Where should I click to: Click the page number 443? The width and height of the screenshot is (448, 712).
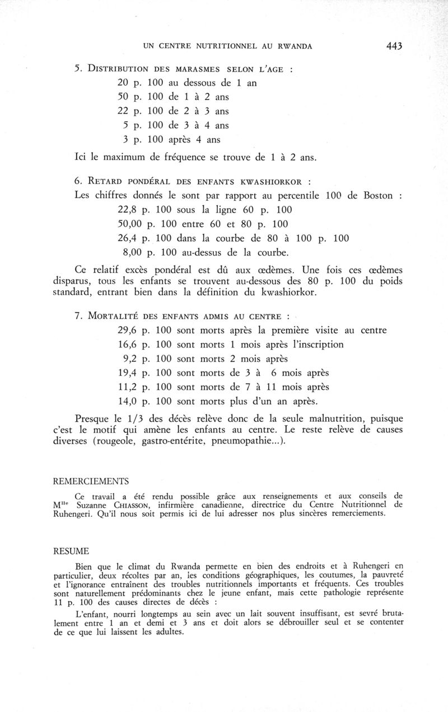pos(394,46)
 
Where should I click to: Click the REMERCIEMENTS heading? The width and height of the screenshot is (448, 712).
pos(91,481)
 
